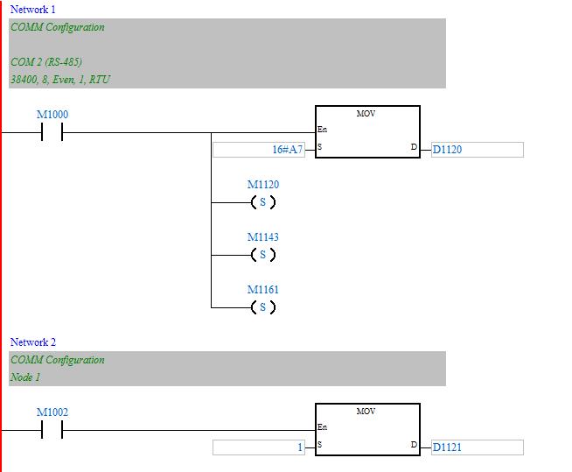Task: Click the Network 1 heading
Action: [32, 9]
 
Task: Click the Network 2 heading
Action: [32, 342]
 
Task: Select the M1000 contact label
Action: [52, 115]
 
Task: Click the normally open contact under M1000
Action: [52, 133]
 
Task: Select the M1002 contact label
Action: [52, 412]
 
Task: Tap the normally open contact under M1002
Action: [52, 431]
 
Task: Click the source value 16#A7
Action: [287, 150]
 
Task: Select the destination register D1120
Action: [447, 150]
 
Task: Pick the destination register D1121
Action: [447, 447]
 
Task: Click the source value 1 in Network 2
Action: [299, 447]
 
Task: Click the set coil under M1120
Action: [262, 203]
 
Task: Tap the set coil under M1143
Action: [262, 256]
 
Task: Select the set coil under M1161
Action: [262, 307]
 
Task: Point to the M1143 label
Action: [263, 237]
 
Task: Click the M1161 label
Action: [263, 289]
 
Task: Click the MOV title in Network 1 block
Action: [366, 114]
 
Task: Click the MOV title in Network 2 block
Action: [366, 411]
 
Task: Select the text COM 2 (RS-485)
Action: [46, 61]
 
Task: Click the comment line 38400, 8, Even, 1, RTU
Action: [60, 79]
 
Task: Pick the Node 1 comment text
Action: [25, 377]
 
